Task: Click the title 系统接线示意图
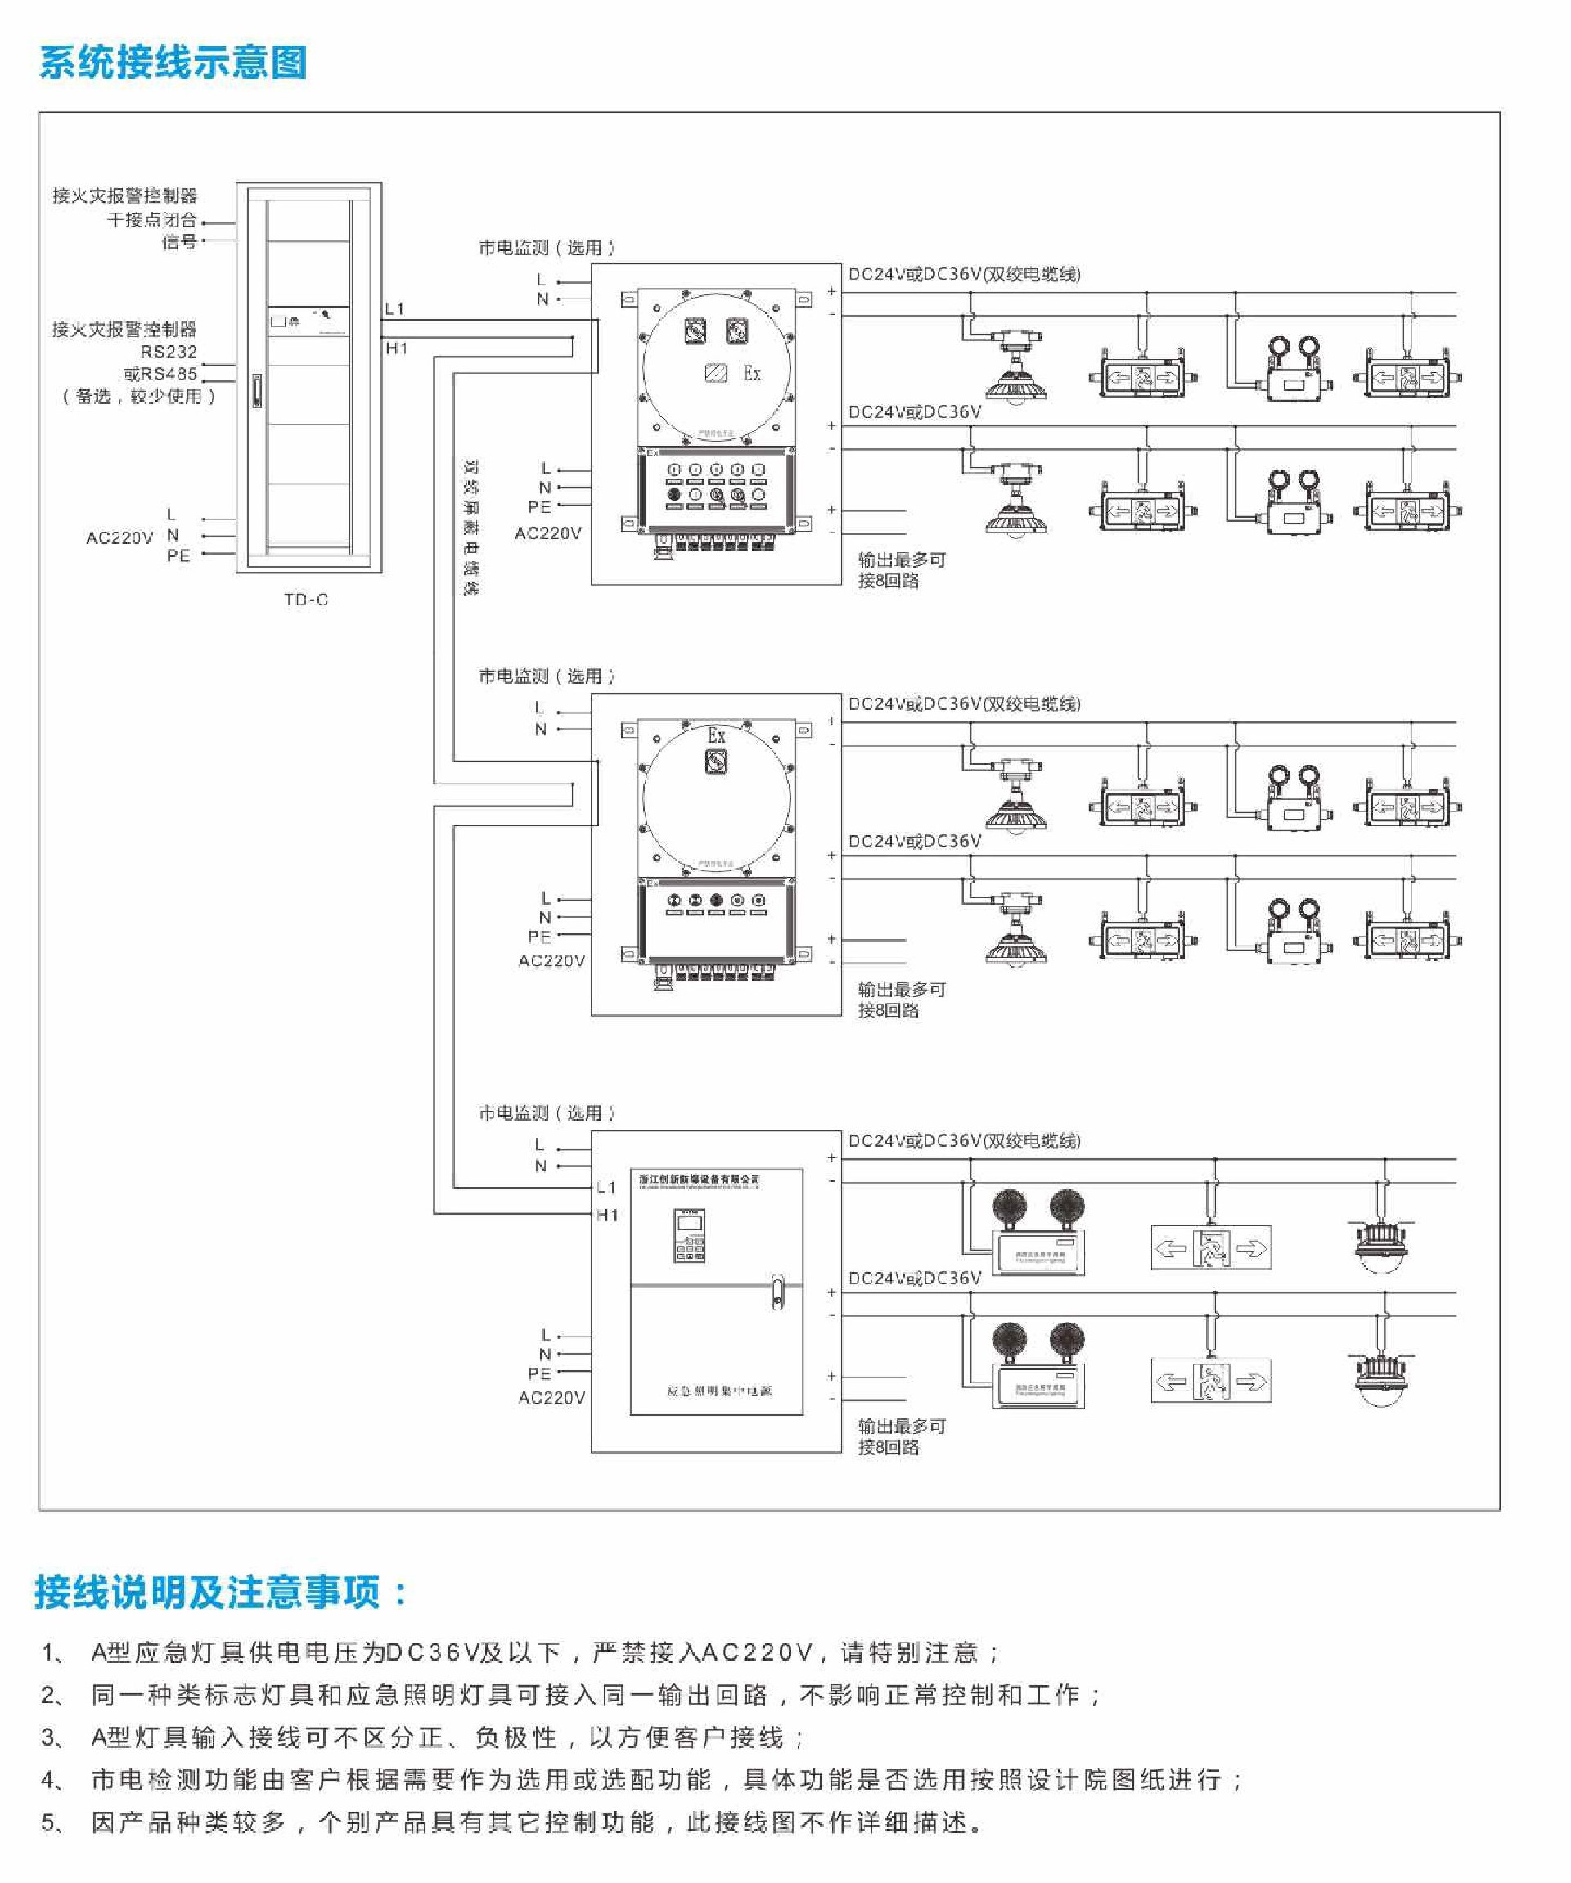pyautogui.click(x=173, y=62)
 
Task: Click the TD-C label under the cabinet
pyautogui.click(x=306, y=600)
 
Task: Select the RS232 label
pyautogui.click(x=168, y=352)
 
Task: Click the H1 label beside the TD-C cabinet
pyautogui.click(x=396, y=348)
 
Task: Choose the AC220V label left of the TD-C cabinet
pyautogui.click(x=119, y=537)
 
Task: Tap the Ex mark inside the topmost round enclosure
pyautogui.click(x=751, y=373)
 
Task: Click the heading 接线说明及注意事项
pyautogui.click(x=221, y=1593)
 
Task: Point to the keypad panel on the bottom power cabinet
pyautogui.click(x=690, y=1236)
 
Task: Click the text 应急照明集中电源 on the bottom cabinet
pyautogui.click(x=719, y=1391)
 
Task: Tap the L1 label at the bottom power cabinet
pyautogui.click(x=607, y=1187)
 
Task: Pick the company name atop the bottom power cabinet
pyautogui.click(x=699, y=1178)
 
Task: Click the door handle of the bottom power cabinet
pyautogui.click(x=776, y=1292)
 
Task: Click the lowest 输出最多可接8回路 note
pyautogui.click(x=900, y=1436)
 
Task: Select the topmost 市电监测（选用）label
pyautogui.click(x=546, y=248)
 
